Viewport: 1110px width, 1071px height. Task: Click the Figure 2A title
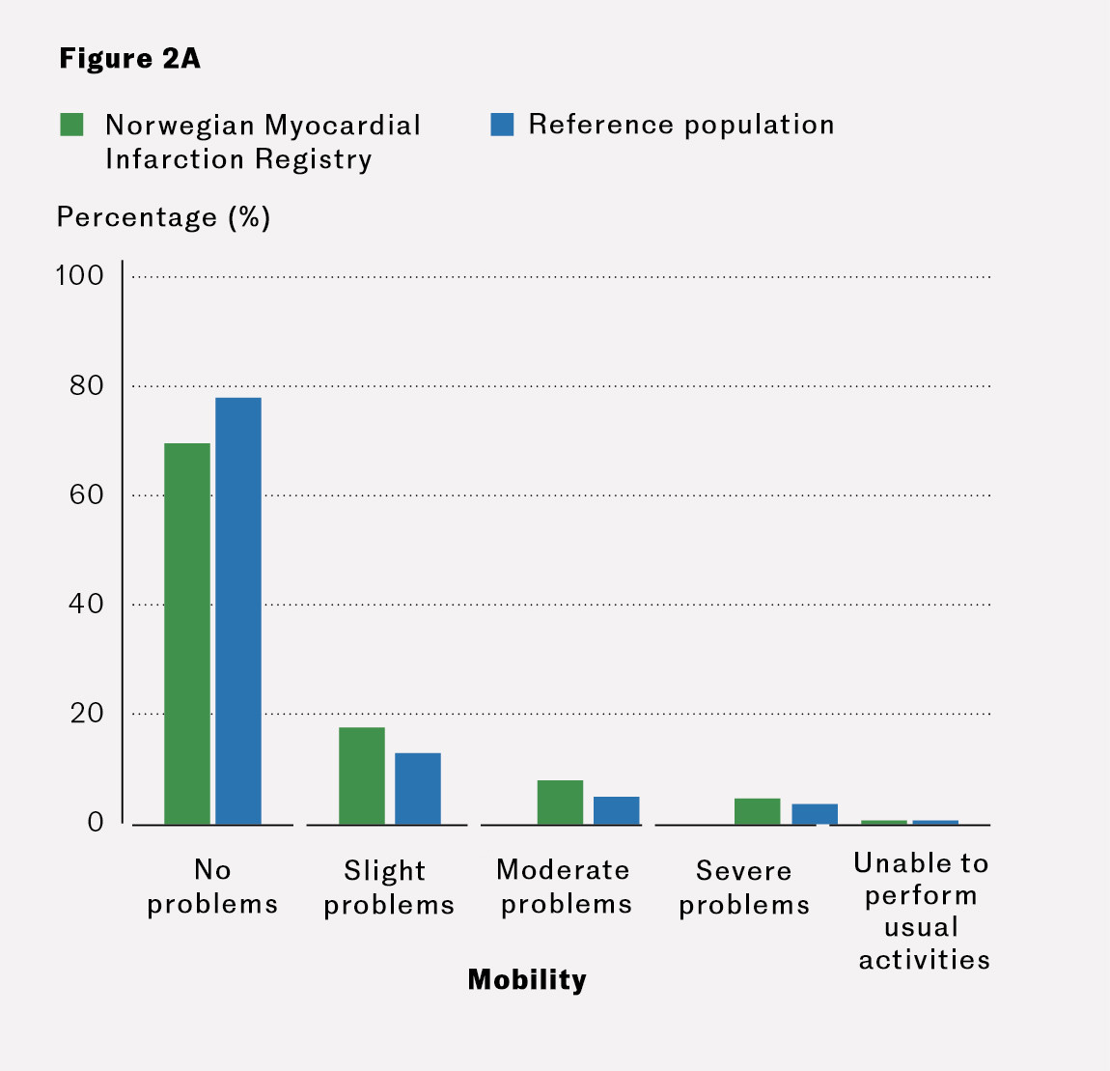click(129, 59)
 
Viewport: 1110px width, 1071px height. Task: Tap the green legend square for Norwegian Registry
click(71, 125)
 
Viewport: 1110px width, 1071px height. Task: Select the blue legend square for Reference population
click(502, 125)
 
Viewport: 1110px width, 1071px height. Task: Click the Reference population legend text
click(680, 125)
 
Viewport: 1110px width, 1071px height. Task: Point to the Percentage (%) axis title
click(163, 217)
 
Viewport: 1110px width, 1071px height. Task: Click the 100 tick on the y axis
click(79, 276)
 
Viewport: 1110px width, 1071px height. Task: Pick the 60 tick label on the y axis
click(86, 495)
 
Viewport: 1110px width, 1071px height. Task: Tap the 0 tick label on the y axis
click(96, 823)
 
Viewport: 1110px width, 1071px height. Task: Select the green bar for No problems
click(187, 634)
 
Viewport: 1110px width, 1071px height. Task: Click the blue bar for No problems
click(238, 610)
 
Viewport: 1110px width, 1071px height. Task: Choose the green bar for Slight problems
click(362, 775)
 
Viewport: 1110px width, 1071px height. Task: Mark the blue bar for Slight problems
click(418, 788)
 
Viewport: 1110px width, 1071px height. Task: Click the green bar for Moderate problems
click(560, 802)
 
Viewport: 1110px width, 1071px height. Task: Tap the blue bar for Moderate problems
click(616, 810)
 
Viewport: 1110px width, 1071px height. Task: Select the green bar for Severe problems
click(757, 811)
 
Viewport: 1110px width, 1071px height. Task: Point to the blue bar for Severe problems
click(815, 814)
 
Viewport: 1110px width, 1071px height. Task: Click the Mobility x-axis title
click(527, 980)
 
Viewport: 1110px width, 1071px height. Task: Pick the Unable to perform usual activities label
click(923, 911)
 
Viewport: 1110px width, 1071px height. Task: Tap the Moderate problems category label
click(565, 887)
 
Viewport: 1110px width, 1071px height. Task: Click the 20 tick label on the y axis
click(86, 714)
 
